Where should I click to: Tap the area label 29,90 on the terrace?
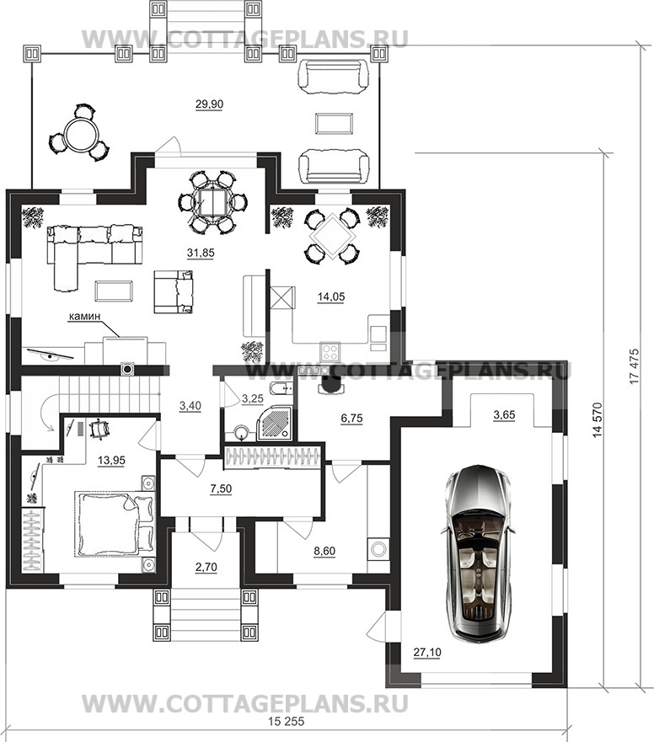(209, 104)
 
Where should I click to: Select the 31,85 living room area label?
(201, 254)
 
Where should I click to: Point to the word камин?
(85, 316)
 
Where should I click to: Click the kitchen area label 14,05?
(331, 297)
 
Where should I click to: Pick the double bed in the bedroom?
(115, 523)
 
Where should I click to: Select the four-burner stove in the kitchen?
(330, 350)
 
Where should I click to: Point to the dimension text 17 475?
(635, 366)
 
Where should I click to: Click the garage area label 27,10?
(427, 652)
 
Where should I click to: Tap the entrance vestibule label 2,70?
(206, 567)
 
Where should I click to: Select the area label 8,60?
(324, 551)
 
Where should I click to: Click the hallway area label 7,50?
(221, 488)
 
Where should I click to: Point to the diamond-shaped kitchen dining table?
(330, 236)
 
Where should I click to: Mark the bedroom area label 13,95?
(112, 460)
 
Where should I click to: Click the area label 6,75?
(351, 418)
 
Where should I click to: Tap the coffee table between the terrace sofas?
(334, 124)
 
